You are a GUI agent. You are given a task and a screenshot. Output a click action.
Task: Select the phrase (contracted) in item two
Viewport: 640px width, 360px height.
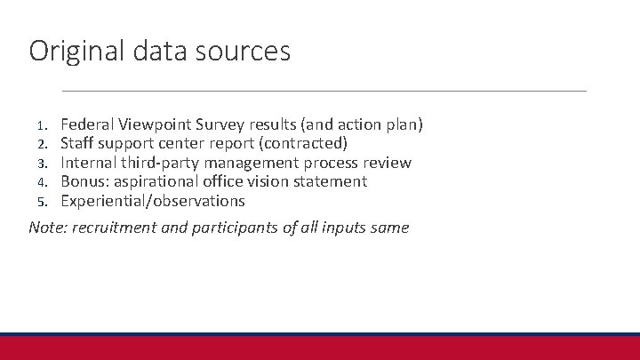tap(302, 143)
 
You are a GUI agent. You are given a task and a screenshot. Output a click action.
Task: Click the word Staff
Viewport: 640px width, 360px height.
tap(78, 143)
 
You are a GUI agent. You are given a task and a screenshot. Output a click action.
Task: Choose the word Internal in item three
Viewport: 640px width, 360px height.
tap(89, 163)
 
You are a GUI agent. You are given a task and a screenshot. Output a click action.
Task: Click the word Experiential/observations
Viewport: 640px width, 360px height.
tap(153, 201)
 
